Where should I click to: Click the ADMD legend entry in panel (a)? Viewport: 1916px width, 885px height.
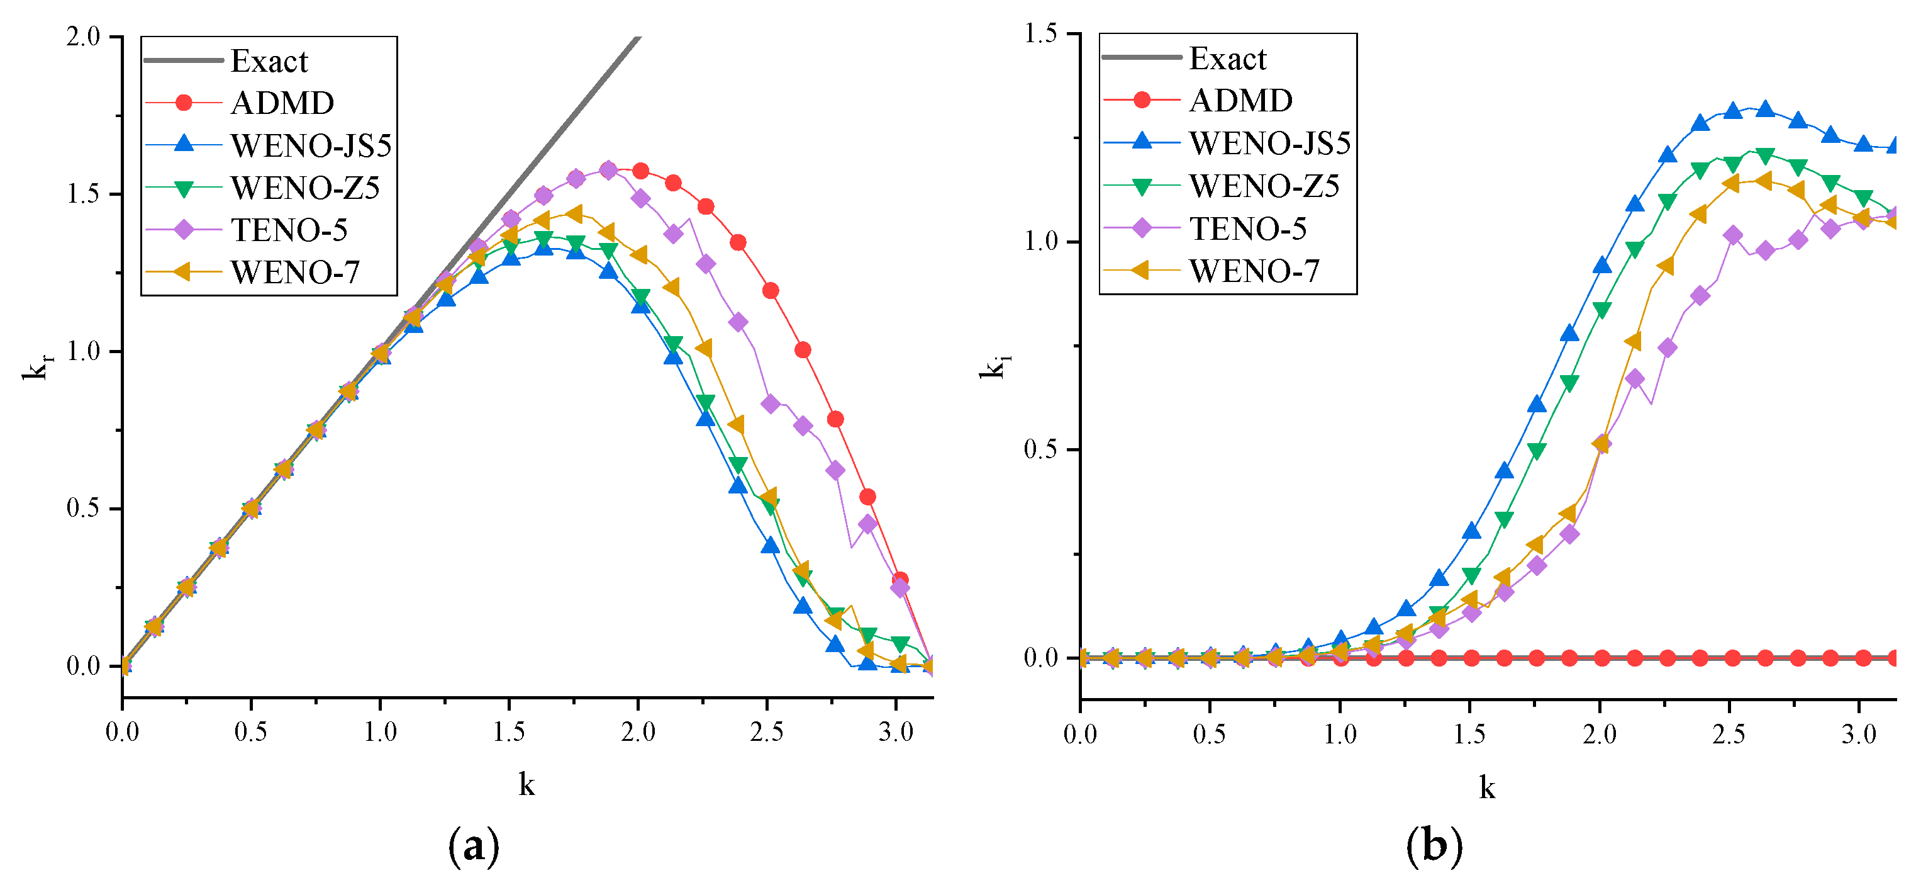[x=282, y=103]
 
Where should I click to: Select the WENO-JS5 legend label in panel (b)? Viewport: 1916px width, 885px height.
[x=1269, y=143]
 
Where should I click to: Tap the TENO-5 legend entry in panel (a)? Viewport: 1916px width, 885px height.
[x=289, y=229]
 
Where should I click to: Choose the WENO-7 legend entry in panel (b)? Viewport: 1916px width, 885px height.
[x=1254, y=270]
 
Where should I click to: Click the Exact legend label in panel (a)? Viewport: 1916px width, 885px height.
[x=269, y=61]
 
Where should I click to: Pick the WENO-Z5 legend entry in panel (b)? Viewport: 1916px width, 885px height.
[x=1264, y=185]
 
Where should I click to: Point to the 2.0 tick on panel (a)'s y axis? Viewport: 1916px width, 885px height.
[x=83, y=37]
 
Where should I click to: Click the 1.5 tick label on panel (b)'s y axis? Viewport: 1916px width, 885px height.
[x=1040, y=33]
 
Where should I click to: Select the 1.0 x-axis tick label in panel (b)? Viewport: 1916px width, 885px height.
[x=1340, y=735]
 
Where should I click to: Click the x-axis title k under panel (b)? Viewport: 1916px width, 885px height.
[x=1486, y=787]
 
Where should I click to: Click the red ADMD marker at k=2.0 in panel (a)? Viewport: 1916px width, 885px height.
[x=640, y=171]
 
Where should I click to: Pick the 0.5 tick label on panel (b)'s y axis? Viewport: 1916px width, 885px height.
[x=1040, y=449]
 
